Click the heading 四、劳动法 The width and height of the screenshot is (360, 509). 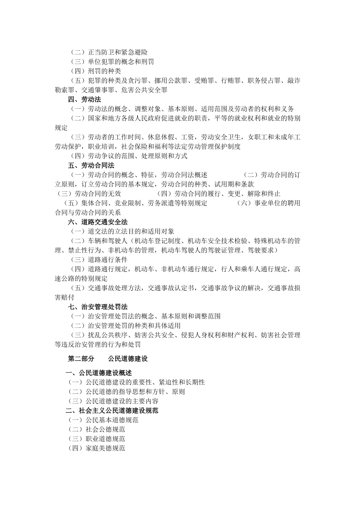point(85,100)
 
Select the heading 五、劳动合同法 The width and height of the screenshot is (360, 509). point(91,166)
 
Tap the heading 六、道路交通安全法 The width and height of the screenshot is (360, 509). point(98,222)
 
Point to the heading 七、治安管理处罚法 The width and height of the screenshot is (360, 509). point(98,307)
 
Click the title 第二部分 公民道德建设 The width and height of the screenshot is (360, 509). point(108,359)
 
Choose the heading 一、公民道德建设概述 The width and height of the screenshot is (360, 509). point(99,373)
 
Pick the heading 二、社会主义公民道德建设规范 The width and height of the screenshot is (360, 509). point(112,411)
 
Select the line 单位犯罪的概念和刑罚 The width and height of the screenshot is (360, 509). point(112,62)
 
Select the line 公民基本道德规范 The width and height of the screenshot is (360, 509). point(103,420)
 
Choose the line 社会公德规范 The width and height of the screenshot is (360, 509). point(96,429)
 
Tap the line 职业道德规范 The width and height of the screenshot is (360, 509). point(96,439)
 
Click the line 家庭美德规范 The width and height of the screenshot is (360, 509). point(96,448)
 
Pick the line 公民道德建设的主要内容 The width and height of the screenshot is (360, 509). point(113,401)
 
